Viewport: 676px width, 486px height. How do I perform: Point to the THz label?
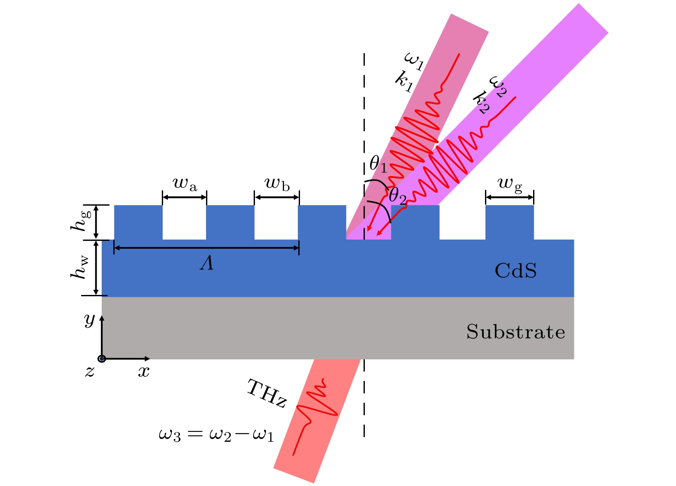point(267,394)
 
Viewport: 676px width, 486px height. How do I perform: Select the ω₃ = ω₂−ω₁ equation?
point(216,435)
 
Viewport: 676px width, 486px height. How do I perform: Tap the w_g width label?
point(510,185)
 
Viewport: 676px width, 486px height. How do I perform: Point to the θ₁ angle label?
point(378,164)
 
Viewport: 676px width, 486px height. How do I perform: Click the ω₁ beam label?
point(414,61)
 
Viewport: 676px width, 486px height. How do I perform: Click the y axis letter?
point(90,320)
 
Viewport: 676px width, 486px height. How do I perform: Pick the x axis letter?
point(144,372)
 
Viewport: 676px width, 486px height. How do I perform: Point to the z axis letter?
point(90,372)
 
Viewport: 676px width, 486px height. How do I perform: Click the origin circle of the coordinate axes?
point(102,358)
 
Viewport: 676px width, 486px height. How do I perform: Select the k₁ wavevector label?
point(404,82)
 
